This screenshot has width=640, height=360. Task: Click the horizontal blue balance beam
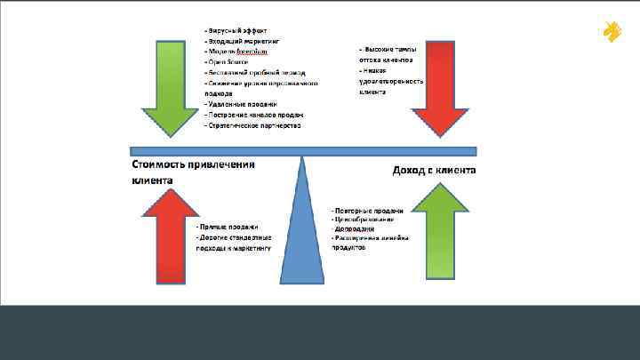pyautogui.click(x=303, y=151)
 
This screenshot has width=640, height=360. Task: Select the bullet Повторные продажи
pyautogui.click(x=367, y=211)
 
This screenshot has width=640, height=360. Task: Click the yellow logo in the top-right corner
pyautogui.click(x=612, y=32)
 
